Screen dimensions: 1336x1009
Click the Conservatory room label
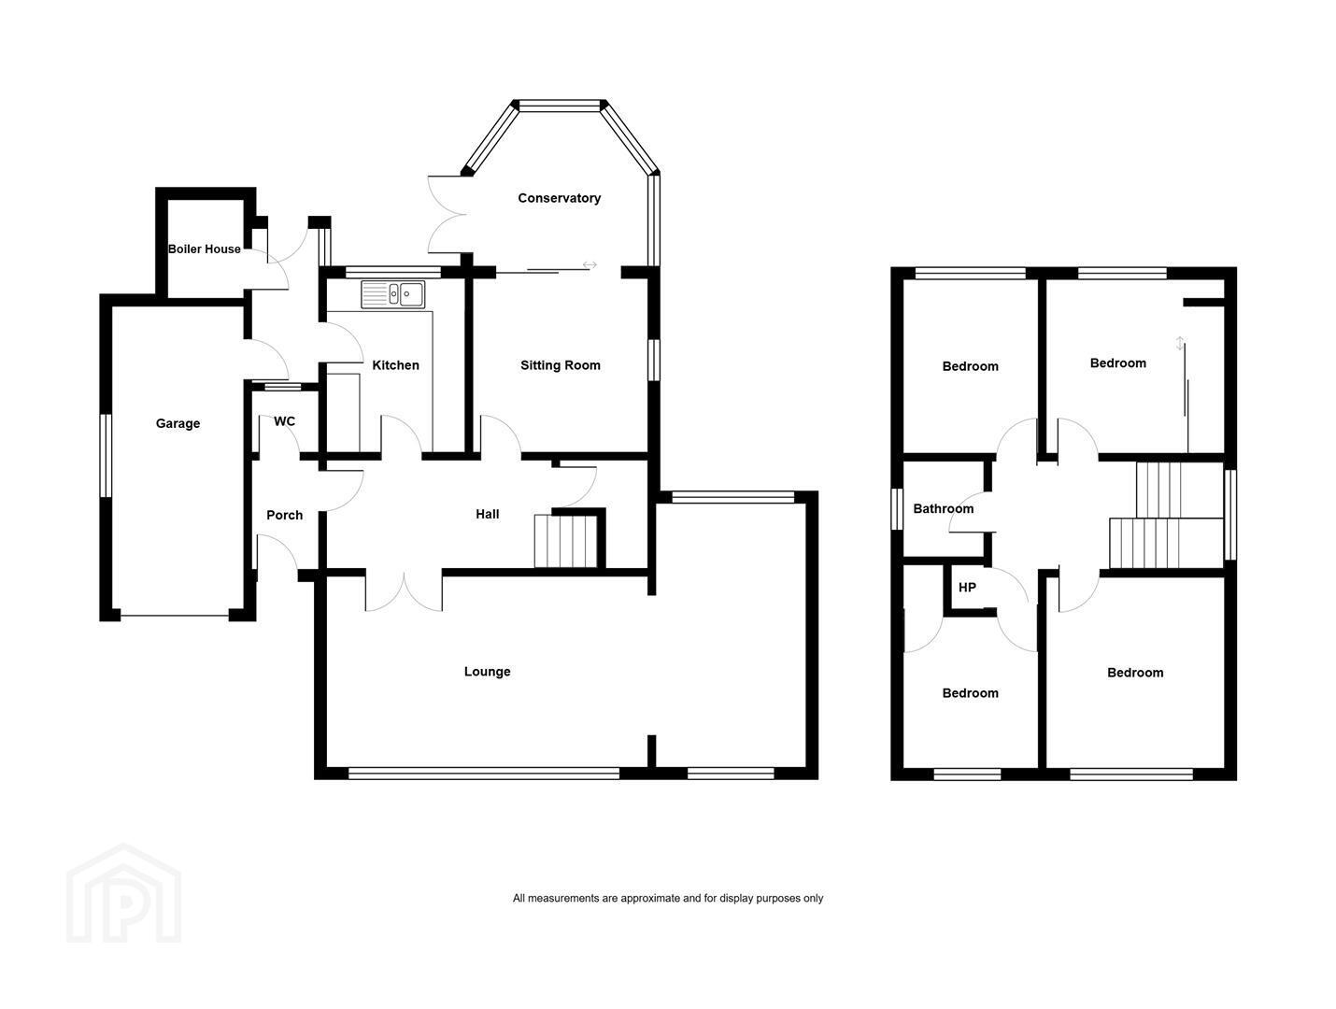[x=559, y=198]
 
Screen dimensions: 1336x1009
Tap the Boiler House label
[x=204, y=249]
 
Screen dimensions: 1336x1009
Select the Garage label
[x=178, y=423]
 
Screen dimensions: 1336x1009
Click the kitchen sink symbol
[x=392, y=294]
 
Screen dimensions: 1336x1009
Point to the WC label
[x=284, y=421]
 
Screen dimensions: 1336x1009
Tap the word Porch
[x=284, y=515]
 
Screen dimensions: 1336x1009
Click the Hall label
[x=487, y=514]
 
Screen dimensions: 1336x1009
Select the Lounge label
[x=487, y=671]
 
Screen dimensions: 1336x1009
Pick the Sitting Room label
[x=560, y=365]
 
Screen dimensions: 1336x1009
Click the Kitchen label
[x=395, y=365]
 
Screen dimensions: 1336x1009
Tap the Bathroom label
[x=943, y=509]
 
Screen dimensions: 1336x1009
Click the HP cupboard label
[x=967, y=588]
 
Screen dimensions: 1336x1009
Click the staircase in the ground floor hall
[x=565, y=541]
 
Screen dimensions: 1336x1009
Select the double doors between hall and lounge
[x=404, y=590]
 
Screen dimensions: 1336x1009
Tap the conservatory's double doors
[x=448, y=214]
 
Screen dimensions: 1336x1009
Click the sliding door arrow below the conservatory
[x=590, y=264]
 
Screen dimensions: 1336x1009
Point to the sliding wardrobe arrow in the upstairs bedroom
[x=1180, y=344]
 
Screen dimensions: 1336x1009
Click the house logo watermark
[x=123, y=893]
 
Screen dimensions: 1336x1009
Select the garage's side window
[x=106, y=456]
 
